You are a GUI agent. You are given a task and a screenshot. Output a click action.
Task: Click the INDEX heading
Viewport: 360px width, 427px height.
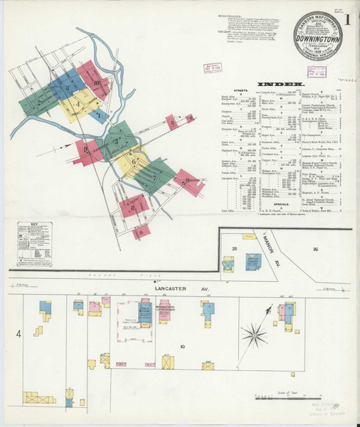click(x=275, y=83)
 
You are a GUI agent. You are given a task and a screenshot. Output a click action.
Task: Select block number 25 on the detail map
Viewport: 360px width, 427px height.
click(x=233, y=247)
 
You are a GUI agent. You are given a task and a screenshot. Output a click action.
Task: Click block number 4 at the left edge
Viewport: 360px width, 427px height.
click(x=20, y=333)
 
